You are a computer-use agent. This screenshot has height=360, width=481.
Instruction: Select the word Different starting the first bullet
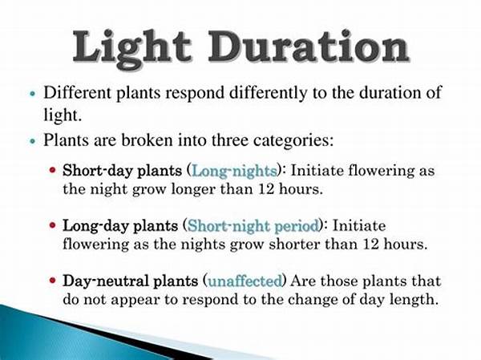[x=76, y=92]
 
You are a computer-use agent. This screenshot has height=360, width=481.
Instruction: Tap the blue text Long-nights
[x=233, y=172]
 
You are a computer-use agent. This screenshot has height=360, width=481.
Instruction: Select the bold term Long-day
[x=88, y=225]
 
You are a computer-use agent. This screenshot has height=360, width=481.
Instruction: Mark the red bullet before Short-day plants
[x=53, y=172]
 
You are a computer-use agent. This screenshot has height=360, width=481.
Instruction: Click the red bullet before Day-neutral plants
[x=53, y=281]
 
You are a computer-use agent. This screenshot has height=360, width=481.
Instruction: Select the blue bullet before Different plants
[x=31, y=93]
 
